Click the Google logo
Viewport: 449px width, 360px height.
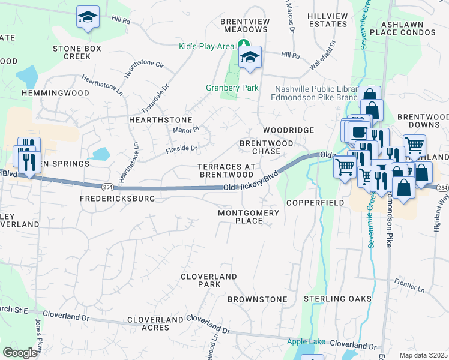click(x=20, y=353)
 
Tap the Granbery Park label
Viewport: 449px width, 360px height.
click(x=232, y=88)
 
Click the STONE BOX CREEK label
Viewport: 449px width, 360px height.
click(x=76, y=52)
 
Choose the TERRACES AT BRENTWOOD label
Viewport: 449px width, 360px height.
click(x=226, y=170)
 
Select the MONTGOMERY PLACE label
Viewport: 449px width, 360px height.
click(x=249, y=217)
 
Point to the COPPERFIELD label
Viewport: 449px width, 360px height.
click(x=315, y=203)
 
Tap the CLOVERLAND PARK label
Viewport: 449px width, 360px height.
click(x=209, y=280)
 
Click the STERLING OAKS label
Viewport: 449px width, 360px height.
click(x=337, y=299)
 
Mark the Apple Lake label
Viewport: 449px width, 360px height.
click(x=306, y=342)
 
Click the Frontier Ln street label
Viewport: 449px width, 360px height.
click(x=409, y=281)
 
